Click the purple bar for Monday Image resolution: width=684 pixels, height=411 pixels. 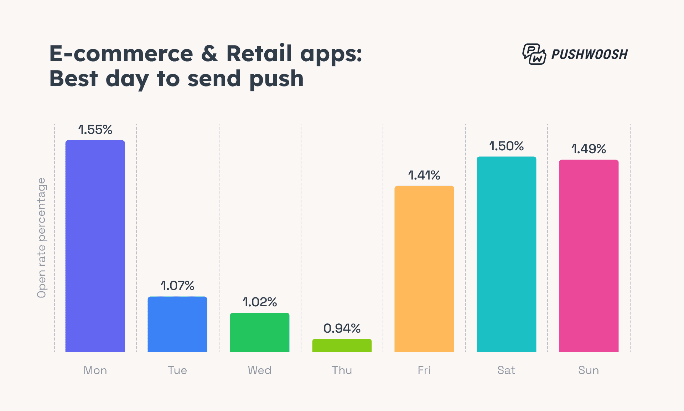tap(95, 246)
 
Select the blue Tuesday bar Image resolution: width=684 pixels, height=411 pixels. tap(177, 324)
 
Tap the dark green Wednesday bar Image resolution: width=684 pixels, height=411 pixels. tap(260, 332)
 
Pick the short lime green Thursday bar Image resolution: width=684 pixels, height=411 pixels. tap(342, 345)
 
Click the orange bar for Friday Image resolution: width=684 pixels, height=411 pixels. tap(424, 269)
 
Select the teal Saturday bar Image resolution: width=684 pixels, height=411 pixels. tap(506, 254)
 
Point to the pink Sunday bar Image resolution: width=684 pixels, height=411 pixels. tap(589, 256)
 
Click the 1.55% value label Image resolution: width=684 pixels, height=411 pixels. tap(95, 130)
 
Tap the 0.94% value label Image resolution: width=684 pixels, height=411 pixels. tap(342, 328)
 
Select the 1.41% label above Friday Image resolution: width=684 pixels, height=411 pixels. tap(424, 175)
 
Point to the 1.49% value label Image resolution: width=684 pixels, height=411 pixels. tap(589, 149)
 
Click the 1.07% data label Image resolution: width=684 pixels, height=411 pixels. tap(177, 286)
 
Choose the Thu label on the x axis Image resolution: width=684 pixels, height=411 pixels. tap(342, 370)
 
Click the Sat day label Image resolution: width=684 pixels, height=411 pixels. tap(506, 370)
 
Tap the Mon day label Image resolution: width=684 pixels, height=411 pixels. tap(95, 370)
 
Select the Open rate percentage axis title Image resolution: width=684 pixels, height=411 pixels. tap(42, 238)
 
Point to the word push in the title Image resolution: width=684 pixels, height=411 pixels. tap(276, 79)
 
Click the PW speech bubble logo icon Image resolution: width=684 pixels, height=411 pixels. tap(534, 54)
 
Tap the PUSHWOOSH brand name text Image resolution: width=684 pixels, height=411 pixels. tap(590, 54)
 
